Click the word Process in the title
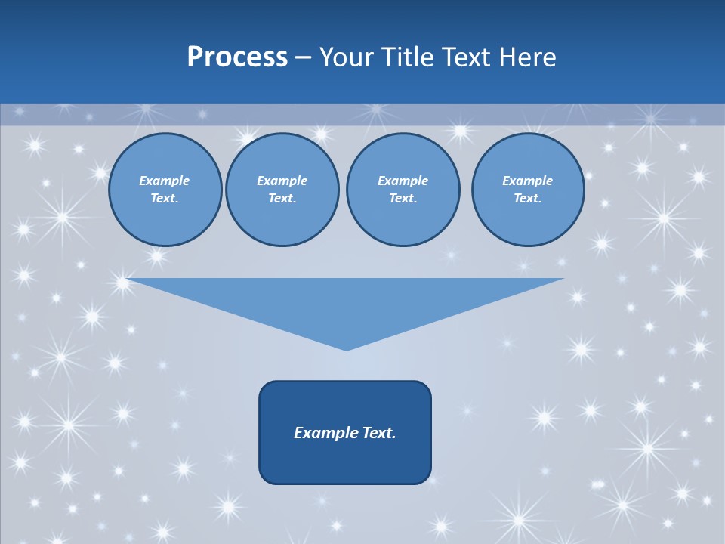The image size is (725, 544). pos(237,57)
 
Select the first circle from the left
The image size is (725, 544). pos(165,190)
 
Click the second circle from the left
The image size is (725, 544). pos(282,190)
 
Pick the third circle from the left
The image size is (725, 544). pos(403,190)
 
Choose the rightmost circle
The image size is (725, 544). pos(527,190)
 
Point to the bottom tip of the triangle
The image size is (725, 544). pos(346,349)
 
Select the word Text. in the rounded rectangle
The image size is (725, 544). pos(380,433)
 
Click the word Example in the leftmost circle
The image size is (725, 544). pos(165,181)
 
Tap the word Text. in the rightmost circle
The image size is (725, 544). pos(527,198)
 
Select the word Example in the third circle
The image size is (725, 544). pos(403,181)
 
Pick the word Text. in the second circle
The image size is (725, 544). pos(282,198)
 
